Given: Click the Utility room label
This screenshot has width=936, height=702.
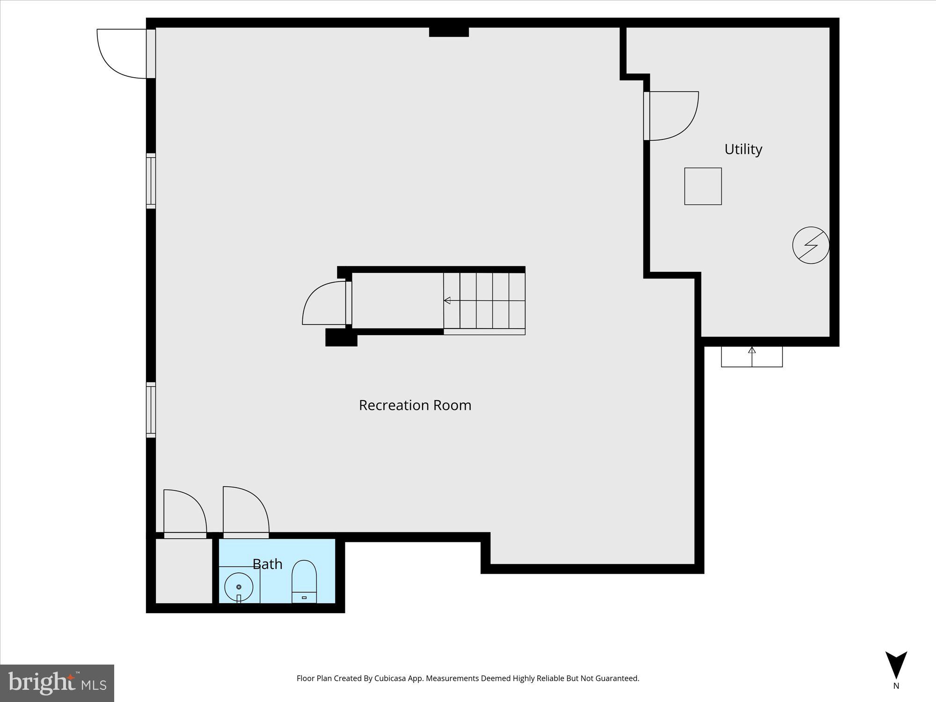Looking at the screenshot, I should coord(743,149).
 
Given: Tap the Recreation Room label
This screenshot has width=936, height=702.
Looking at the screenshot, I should coord(415,405).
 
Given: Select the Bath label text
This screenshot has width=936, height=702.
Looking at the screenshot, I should coord(267,564).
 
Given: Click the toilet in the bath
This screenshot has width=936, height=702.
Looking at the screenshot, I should coord(304,582).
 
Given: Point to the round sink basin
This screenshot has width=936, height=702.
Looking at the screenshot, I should coord(239,587).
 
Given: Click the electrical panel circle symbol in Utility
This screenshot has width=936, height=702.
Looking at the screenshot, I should coord(811,245).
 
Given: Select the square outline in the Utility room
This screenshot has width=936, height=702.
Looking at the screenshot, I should coord(703,186).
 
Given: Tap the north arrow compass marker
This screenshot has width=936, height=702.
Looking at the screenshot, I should coord(896,665).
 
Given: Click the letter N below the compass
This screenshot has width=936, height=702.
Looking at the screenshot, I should coord(896,686).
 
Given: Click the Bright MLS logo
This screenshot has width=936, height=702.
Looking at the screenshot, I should coord(57,683).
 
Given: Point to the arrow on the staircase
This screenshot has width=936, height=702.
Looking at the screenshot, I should coord(447,300).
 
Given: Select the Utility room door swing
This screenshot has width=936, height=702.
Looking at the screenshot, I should coord(673,116).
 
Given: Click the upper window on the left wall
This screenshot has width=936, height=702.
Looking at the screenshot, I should coord(151,181).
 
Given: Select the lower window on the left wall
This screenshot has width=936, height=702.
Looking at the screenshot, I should coord(151,410).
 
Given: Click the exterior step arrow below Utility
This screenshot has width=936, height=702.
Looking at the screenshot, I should coord(752,357).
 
